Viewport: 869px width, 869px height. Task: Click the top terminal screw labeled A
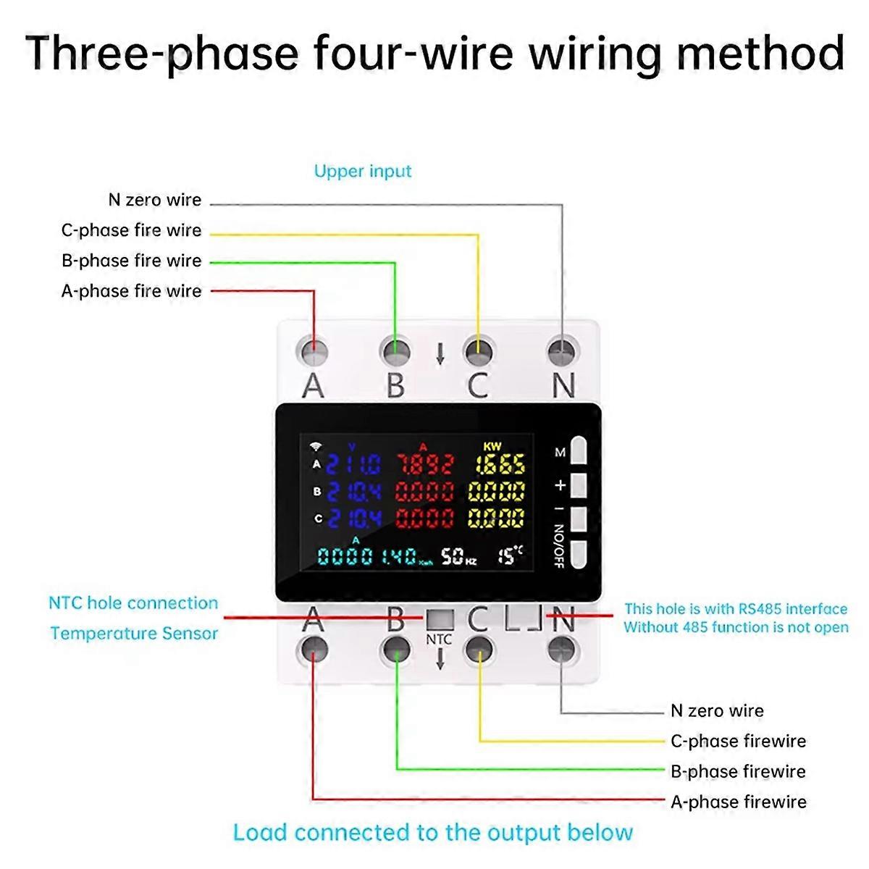[314, 353]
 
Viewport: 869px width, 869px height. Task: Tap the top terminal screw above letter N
[563, 353]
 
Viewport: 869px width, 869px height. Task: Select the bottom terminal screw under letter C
[479, 647]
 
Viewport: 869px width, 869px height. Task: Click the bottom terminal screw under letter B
[396, 647]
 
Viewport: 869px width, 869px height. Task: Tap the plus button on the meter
[578, 485]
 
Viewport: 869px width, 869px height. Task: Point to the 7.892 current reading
[424, 464]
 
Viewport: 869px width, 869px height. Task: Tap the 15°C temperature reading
[510, 555]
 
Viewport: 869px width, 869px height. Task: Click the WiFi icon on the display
[316, 447]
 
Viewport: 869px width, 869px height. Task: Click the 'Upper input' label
[363, 172]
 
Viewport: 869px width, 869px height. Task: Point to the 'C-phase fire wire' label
[131, 231]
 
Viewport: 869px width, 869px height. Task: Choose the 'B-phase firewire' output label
[738, 771]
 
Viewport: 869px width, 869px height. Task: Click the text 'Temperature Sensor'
[134, 634]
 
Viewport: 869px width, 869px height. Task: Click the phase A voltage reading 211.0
[353, 464]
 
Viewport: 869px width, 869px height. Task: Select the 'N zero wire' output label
[717, 710]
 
